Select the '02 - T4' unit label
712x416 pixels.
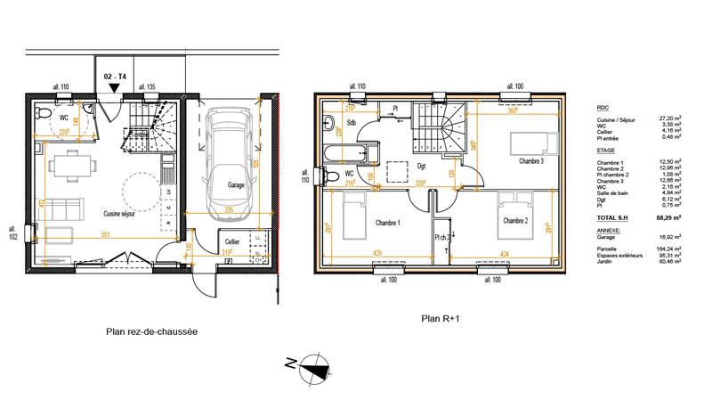(x=116, y=77)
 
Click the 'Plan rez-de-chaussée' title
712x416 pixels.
(x=151, y=331)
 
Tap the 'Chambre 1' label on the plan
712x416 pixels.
(x=387, y=222)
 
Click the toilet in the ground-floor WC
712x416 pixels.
(x=40, y=115)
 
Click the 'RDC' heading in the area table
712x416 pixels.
(x=603, y=107)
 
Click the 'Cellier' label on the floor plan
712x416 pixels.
(x=232, y=241)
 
